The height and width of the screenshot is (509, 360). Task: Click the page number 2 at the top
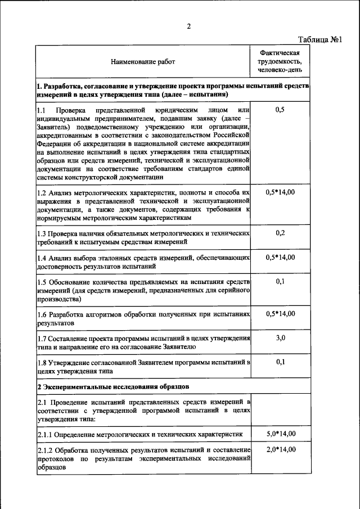point(190,26)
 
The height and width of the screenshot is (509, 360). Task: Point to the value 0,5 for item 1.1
point(280,110)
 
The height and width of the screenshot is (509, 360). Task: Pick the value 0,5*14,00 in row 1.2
point(280,192)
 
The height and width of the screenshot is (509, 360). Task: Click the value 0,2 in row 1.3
point(280,232)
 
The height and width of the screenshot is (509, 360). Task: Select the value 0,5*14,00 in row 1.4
point(280,257)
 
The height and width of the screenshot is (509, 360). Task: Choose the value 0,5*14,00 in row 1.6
point(280,313)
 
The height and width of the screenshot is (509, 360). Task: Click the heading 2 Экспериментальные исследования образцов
point(113,387)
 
